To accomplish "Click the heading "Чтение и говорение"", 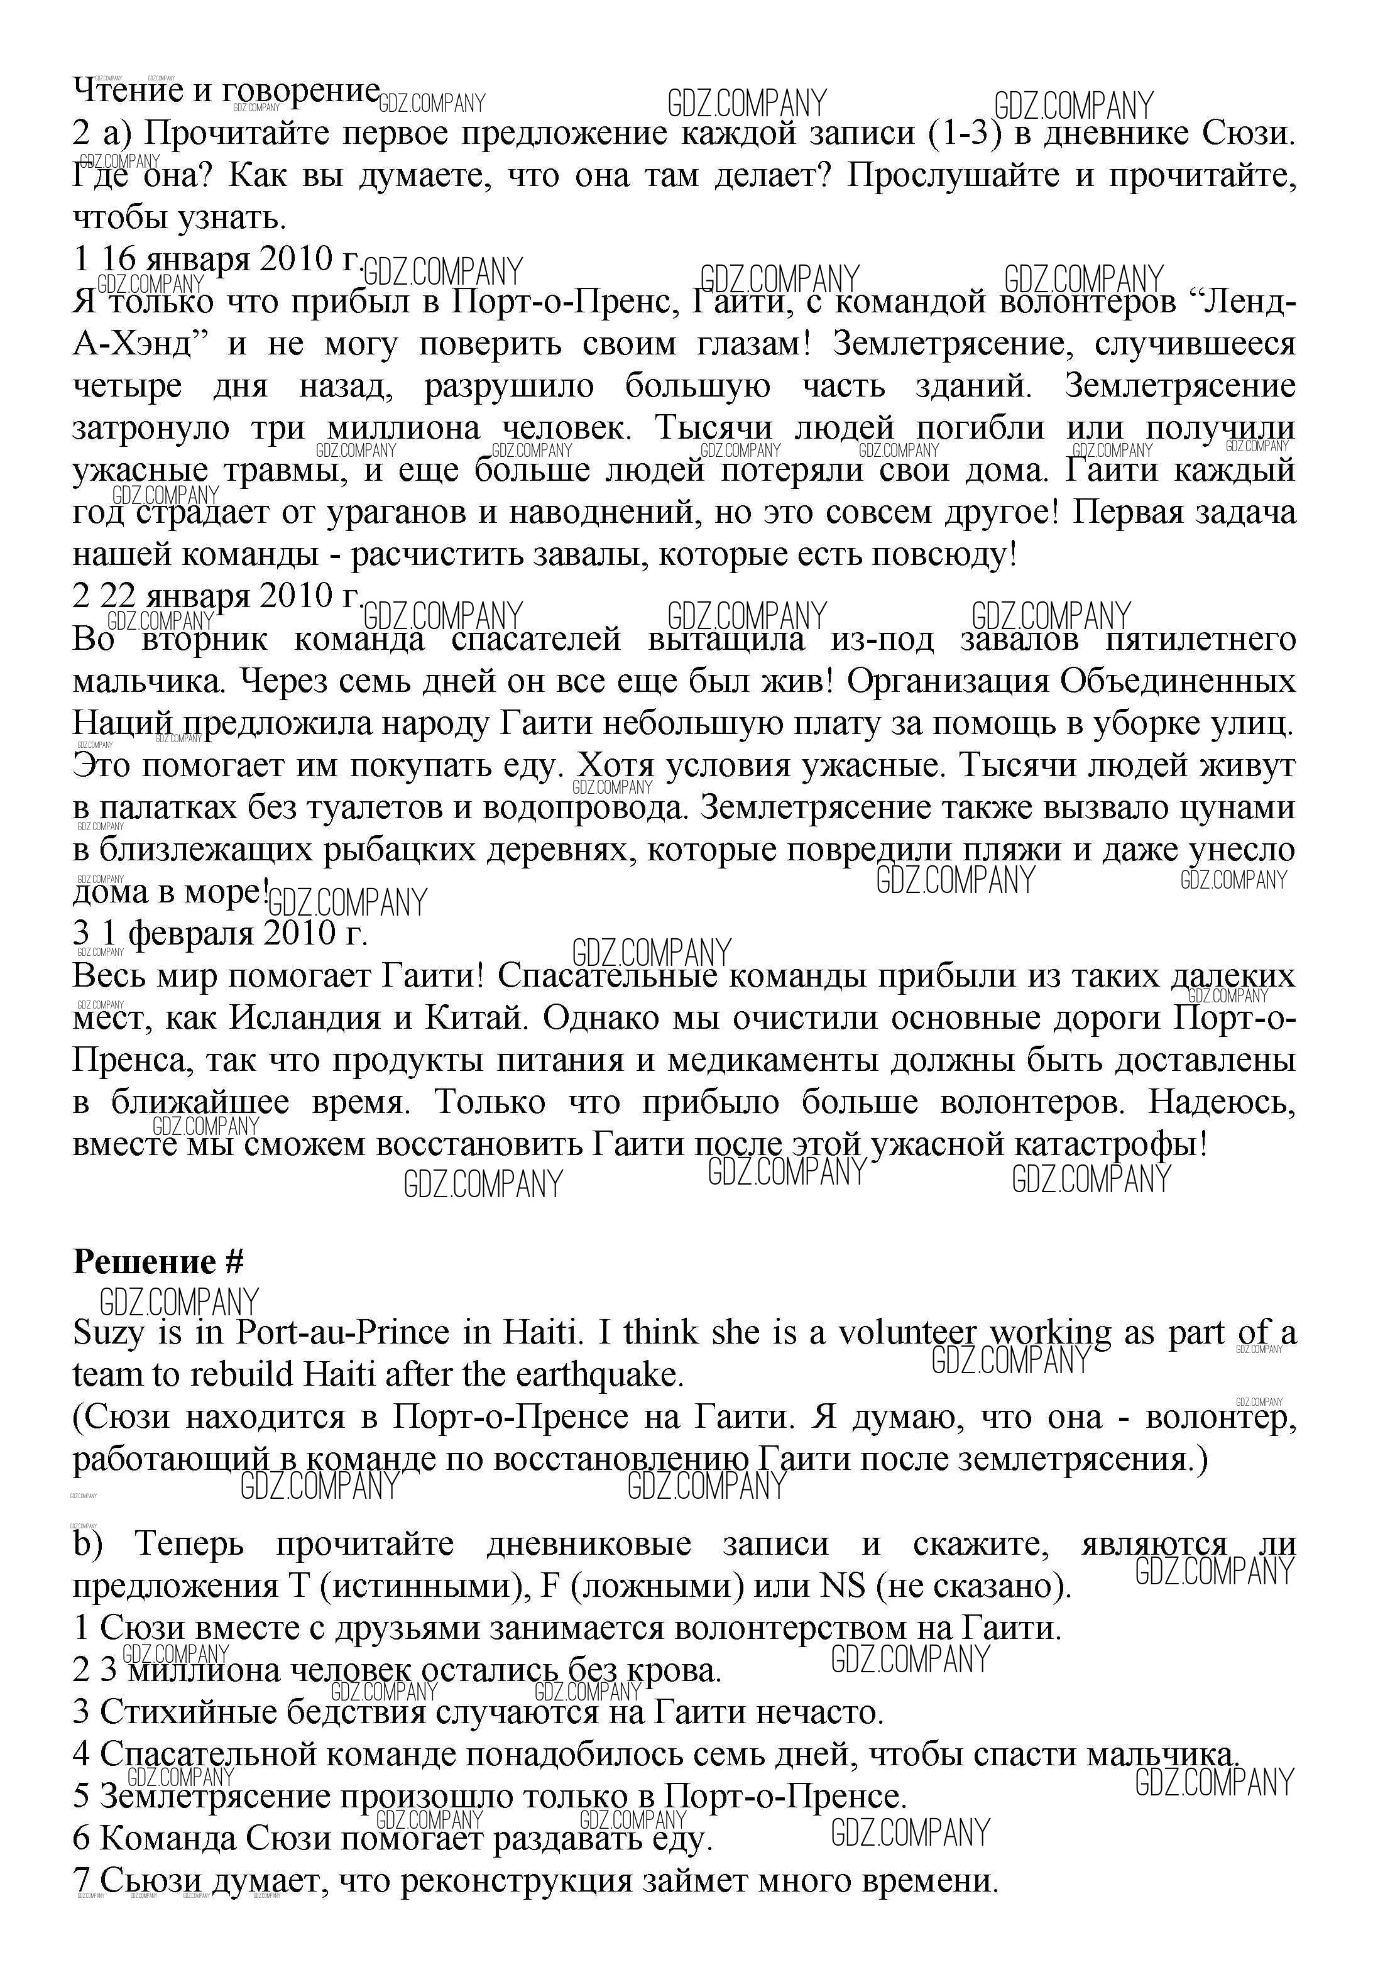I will (x=226, y=90).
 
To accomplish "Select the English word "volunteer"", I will (x=907, y=1333).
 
